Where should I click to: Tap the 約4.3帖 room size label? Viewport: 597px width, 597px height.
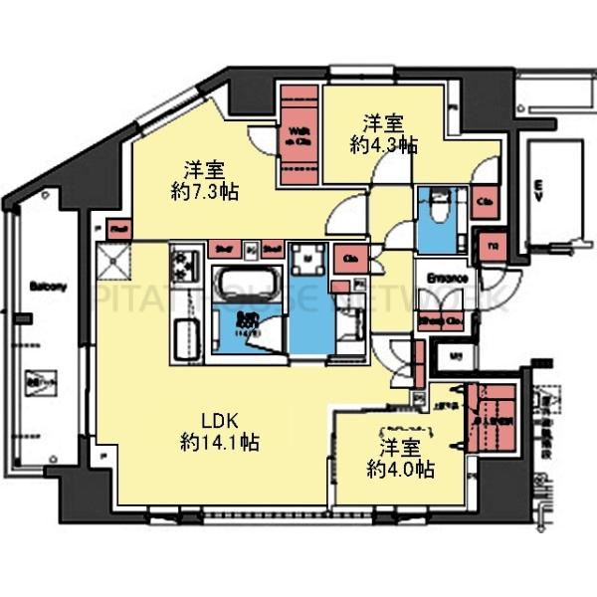(x=382, y=144)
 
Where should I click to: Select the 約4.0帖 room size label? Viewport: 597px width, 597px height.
(x=396, y=467)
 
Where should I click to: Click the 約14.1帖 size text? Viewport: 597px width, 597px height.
(x=221, y=443)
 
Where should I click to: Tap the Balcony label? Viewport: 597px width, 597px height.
(x=47, y=287)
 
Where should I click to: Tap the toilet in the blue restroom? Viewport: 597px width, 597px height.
(x=437, y=211)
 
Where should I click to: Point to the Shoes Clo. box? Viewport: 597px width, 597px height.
(x=440, y=320)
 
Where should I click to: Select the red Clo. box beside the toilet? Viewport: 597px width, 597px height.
(x=485, y=202)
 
